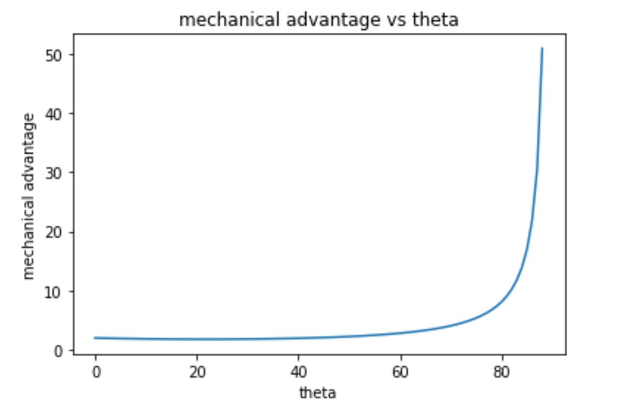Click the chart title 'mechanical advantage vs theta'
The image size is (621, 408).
click(318, 20)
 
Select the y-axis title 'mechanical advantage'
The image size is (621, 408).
click(29, 196)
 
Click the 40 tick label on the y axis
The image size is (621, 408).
click(58, 114)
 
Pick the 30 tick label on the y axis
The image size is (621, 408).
click(58, 173)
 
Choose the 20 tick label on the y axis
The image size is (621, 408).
click(58, 232)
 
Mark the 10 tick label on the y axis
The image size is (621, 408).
click(58, 291)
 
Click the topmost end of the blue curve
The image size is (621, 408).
click(542, 48)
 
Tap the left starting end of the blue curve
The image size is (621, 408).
click(95, 338)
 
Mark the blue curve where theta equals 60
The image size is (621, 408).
click(401, 333)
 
